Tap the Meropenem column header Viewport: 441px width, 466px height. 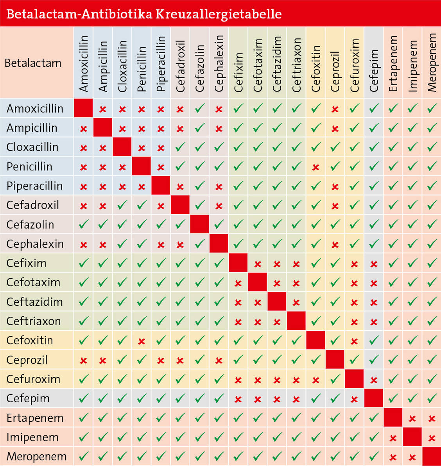pyautogui.click(x=432, y=63)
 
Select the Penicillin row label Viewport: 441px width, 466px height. pyautogui.click(x=29, y=167)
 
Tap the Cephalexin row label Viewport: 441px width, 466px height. pyautogui.click(x=35, y=244)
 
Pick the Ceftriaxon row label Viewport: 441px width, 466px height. pyautogui.click(x=34, y=321)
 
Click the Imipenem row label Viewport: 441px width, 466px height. pyautogui.click(x=32, y=437)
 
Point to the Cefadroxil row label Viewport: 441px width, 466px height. pyautogui.click(x=32, y=205)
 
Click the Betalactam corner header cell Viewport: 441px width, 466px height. pyautogui.click(x=33, y=63)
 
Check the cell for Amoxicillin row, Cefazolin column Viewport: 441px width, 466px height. pyautogui.click(x=200, y=108)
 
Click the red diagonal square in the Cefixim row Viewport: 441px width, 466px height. pyautogui.click(x=238, y=263)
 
